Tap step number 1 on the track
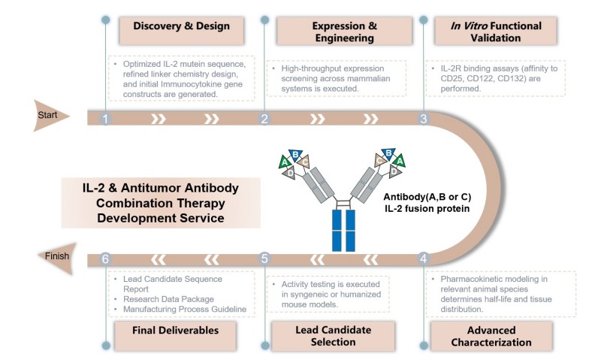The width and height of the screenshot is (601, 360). (106, 119)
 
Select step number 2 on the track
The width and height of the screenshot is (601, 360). (264, 119)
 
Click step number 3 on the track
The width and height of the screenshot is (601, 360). (424, 119)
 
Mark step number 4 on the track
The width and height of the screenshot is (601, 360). (424, 259)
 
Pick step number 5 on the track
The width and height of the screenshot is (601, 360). (264, 259)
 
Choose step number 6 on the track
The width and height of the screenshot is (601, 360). (106, 259)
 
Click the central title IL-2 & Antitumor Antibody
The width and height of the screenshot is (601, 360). (161, 186)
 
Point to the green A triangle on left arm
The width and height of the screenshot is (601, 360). (284, 161)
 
